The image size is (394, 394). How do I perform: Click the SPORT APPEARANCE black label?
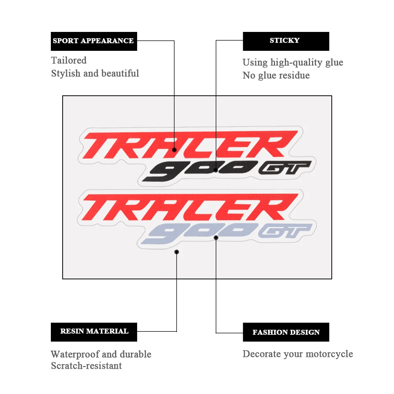(94, 41)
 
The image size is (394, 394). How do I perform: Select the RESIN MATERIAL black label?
(94, 332)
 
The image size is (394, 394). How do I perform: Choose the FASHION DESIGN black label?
(286, 332)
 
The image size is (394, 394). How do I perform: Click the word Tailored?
(69, 60)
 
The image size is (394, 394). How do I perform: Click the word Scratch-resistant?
(86, 366)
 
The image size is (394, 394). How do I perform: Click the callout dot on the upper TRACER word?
(174, 150)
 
